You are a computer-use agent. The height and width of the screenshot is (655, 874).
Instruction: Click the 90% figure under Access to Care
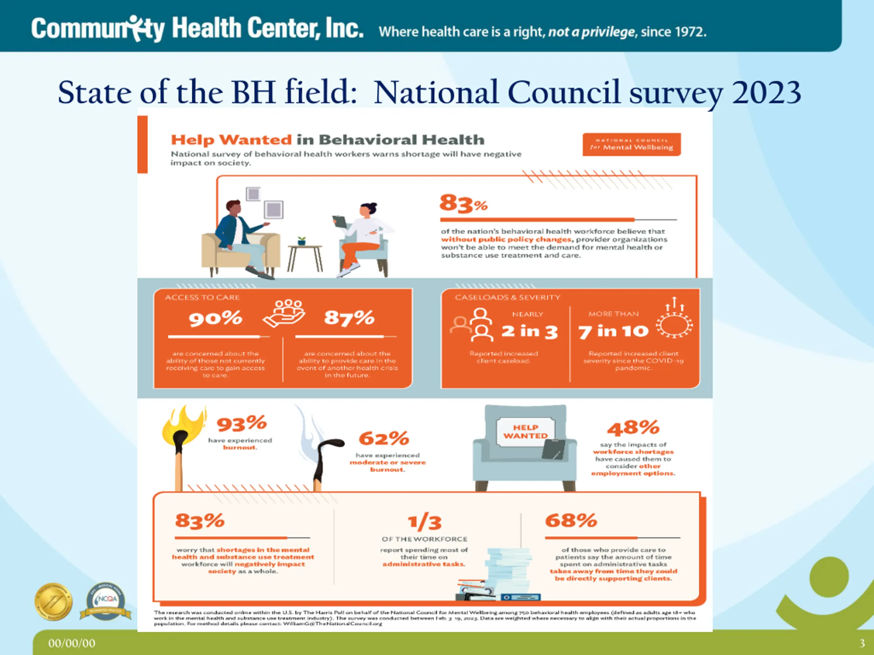(215, 318)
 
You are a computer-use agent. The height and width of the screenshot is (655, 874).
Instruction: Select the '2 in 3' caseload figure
(530, 331)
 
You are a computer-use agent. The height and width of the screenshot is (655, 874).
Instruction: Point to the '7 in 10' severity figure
(613, 331)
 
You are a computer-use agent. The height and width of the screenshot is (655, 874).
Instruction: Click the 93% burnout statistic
(242, 424)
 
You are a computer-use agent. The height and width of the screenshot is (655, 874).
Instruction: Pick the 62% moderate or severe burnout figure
(384, 438)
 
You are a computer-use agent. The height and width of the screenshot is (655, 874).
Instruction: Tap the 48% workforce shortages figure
(633, 427)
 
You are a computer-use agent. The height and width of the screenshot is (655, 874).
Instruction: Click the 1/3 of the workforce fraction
(425, 522)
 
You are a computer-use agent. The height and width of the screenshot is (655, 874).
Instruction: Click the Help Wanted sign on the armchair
(525, 432)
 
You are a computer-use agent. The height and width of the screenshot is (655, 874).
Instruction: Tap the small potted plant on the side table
(301, 241)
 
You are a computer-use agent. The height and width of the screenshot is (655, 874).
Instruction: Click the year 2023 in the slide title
(766, 92)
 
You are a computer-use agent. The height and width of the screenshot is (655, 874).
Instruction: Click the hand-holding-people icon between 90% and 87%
(284, 314)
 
